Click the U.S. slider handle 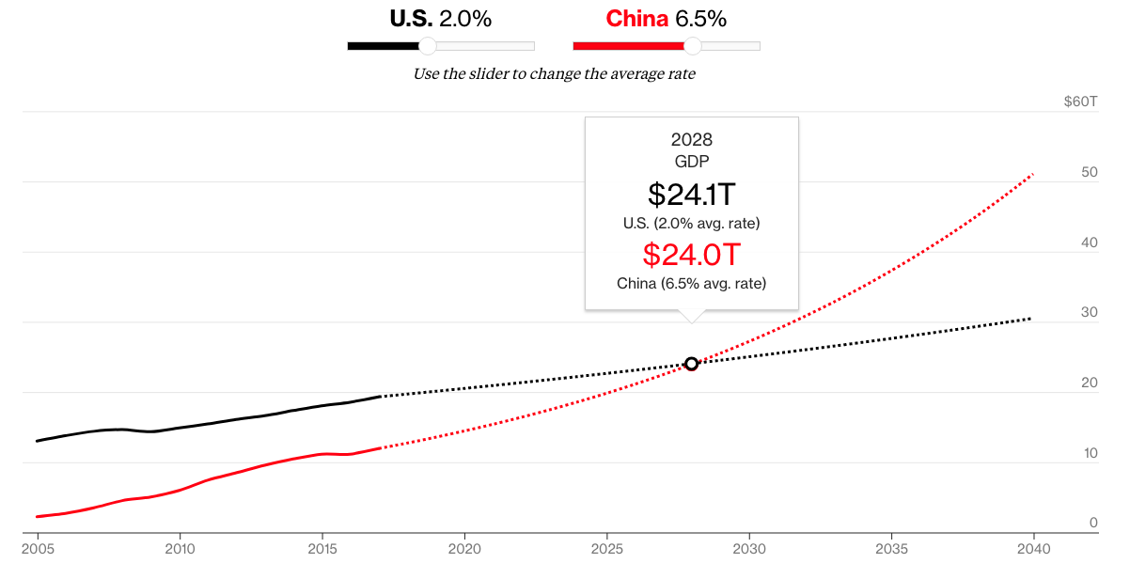pyautogui.click(x=427, y=46)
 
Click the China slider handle pyautogui.click(x=693, y=46)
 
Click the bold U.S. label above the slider pyautogui.click(x=411, y=19)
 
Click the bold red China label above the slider pyautogui.click(x=636, y=19)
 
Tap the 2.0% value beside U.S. pyautogui.click(x=465, y=19)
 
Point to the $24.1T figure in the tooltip pyautogui.click(x=691, y=195)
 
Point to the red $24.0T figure pyautogui.click(x=691, y=255)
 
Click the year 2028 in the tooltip pyautogui.click(x=691, y=140)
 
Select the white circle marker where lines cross pyautogui.click(x=691, y=364)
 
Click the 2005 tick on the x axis pyautogui.click(x=38, y=548)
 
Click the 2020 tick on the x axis pyautogui.click(x=464, y=548)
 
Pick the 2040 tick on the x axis pyautogui.click(x=1033, y=548)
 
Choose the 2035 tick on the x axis pyautogui.click(x=891, y=548)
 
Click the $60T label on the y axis pyautogui.click(x=1080, y=102)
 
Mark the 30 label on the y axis pyautogui.click(x=1090, y=312)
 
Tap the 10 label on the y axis pyautogui.click(x=1090, y=453)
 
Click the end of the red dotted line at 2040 pyautogui.click(x=1033, y=174)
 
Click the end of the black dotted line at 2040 pyautogui.click(x=1031, y=319)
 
